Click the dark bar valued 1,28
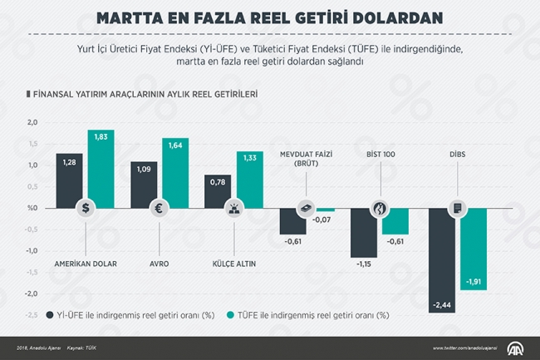69,179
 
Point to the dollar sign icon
85,209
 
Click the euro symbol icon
159,209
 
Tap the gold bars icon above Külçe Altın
233,209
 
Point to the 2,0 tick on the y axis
32,122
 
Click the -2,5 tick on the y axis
31,315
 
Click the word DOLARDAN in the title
391,17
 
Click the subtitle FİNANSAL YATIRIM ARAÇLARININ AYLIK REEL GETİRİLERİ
143,95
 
